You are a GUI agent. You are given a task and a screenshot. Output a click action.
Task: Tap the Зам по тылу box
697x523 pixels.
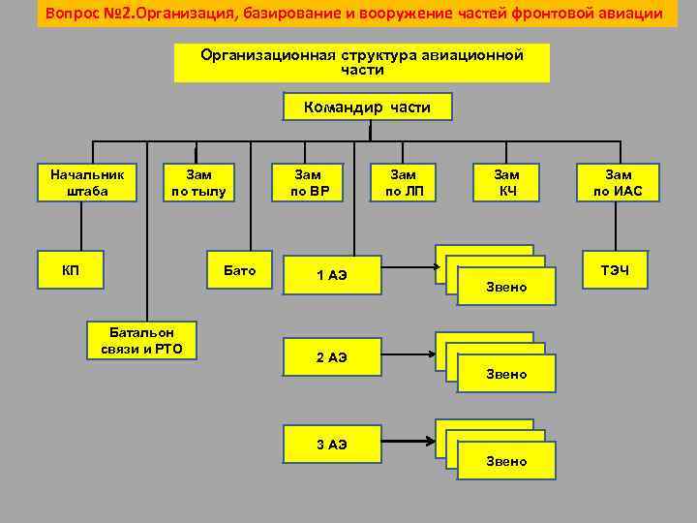198,183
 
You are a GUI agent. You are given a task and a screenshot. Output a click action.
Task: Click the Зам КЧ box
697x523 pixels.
506,183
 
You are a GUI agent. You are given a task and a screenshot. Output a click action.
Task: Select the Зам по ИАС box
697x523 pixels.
618,183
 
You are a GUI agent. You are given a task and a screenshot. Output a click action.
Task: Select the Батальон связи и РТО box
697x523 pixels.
141,341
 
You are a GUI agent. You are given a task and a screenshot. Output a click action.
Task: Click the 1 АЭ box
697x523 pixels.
331,276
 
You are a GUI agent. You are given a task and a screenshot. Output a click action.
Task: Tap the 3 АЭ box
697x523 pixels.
331,445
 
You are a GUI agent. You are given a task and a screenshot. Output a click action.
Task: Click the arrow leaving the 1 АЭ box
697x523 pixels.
407,262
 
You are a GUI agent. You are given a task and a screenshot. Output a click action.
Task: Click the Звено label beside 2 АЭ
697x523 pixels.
506,374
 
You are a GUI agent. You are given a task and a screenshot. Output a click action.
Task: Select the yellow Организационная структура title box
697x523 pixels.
361,63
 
